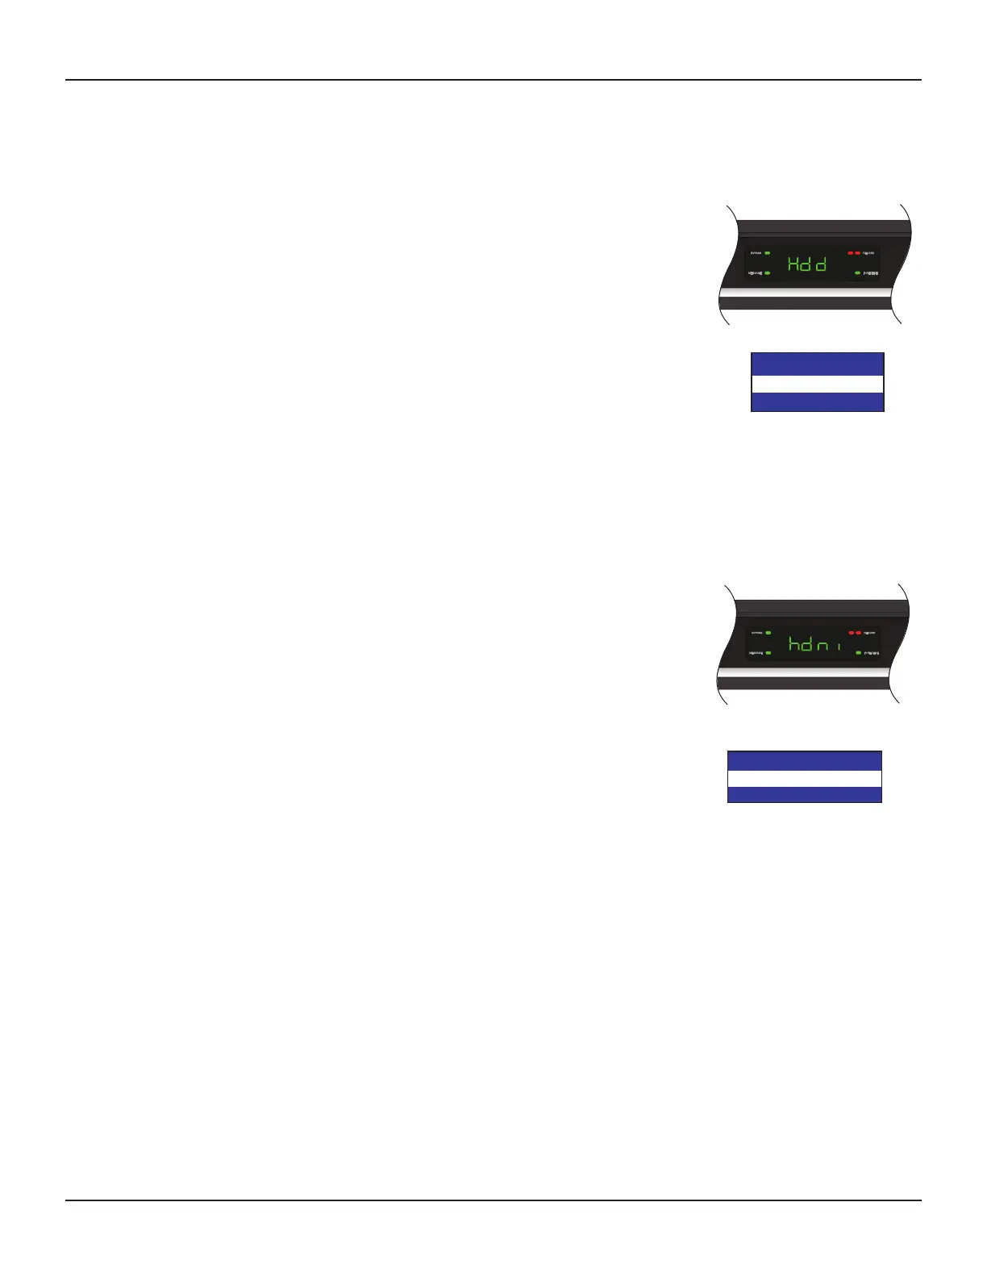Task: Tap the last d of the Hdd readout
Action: coord(820,264)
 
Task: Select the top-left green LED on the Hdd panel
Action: coord(768,253)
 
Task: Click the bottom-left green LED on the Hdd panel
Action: coord(768,273)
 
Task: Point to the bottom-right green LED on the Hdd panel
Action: coord(858,274)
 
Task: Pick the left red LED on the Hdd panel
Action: coord(850,253)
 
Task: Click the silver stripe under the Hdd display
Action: coord(806,302)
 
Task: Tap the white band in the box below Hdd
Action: coord(817,384)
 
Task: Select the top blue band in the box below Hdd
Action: coord(817,364)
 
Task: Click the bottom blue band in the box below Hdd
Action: coord(817,402)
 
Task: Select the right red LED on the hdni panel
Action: coord(858,633)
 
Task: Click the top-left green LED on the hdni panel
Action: coord(768,633)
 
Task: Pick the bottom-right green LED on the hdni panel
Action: coord(858,653)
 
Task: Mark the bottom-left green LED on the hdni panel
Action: coord(768,653)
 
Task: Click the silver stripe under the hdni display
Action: coord(806,683)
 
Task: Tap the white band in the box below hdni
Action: coord(804,778)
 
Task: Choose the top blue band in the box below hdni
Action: coord(804,760)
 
